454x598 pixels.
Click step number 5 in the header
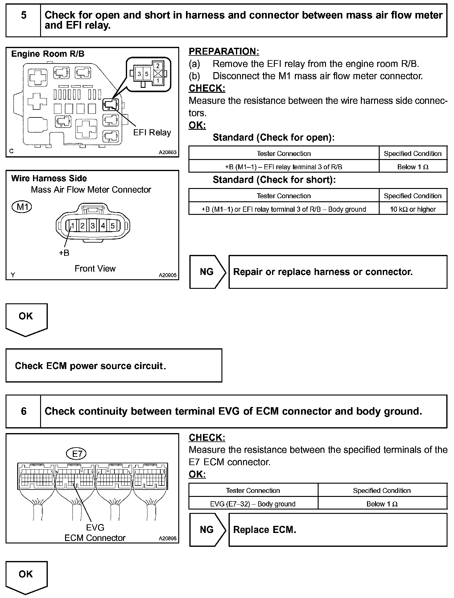[23, 15]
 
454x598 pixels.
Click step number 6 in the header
[23, 411]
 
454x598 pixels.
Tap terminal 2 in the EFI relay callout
[158, 66]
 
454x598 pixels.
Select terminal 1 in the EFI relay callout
[158, 81]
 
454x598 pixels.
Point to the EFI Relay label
[152, 133]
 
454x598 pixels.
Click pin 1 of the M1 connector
[72, 226]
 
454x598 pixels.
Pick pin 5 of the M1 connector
[113, 226]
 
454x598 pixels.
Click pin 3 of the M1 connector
[93, 226]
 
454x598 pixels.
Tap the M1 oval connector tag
[22, 207]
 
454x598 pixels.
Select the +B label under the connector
[64, 253]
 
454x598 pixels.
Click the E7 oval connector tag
[77, 454]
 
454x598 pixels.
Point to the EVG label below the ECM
[95, 528]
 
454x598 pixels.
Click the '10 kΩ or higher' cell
[413, 209]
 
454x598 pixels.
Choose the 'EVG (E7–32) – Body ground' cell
[253, 504]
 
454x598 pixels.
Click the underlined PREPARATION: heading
[224, 51]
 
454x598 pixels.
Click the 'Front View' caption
[95, 268]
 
